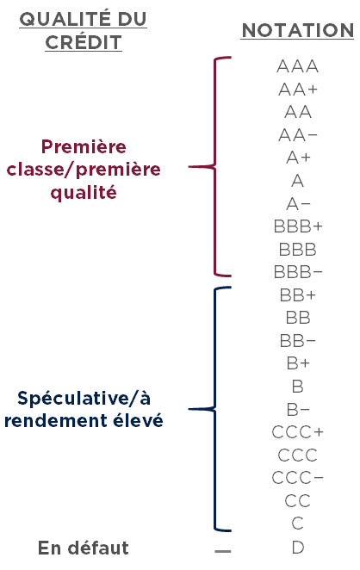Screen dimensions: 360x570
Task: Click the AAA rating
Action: coord(297,66)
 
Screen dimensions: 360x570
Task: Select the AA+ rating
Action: coord(298,90)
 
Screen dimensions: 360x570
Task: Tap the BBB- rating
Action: coord(298,272)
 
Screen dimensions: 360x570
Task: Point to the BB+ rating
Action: coord(298,294)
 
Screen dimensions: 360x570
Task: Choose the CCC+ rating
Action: coord(297,432)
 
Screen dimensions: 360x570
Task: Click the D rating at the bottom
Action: coord(298,547)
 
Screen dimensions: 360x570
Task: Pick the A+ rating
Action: coord(298,158)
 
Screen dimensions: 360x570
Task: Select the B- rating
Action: coord(298,410)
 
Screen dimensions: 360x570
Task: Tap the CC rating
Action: coord(297,501)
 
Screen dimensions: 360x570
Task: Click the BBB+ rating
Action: coord(298,226)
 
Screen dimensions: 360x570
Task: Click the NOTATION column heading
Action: coord(297,30)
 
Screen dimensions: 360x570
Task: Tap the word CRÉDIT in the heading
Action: coord(84,42)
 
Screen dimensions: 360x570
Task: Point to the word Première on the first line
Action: coord(84,147)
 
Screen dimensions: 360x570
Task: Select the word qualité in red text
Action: coord(84,191)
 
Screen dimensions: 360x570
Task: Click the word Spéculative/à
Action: coord(84,398)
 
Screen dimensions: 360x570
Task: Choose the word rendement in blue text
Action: coord(56,421)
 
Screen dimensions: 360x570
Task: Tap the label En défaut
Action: coord(84,548)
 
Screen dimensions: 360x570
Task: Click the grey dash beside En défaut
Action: coord(222,551)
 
